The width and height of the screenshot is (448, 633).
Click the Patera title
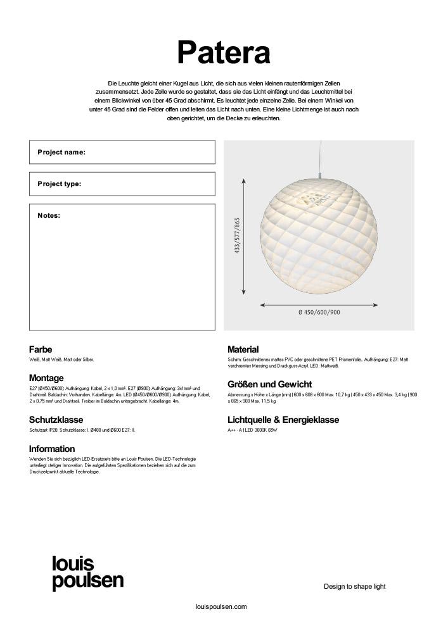[x=224, y=52]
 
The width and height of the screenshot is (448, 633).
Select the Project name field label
[x=61, y=153]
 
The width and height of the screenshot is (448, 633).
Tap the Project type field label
[x=60, y=184]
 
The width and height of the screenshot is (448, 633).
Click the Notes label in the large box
[x=49, y=216]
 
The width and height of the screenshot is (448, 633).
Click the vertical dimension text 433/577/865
[x=237, y=236]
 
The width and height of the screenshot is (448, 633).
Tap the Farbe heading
[x=41, y=349]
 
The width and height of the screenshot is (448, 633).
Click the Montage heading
[x=46, y=379]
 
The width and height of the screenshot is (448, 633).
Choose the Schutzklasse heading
[x=56, y=420]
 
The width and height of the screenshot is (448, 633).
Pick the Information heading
[x=52, y=449]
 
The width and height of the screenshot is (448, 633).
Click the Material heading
[x=243, y=349]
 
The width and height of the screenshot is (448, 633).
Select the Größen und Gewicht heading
[x=269, y=384]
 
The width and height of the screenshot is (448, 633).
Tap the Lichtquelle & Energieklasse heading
[x=283, y=420]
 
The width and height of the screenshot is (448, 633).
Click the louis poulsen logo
[x=87, y=573]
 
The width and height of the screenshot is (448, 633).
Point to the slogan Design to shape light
[x=354, y=587]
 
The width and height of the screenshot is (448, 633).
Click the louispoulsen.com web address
[x=221, y=607]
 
